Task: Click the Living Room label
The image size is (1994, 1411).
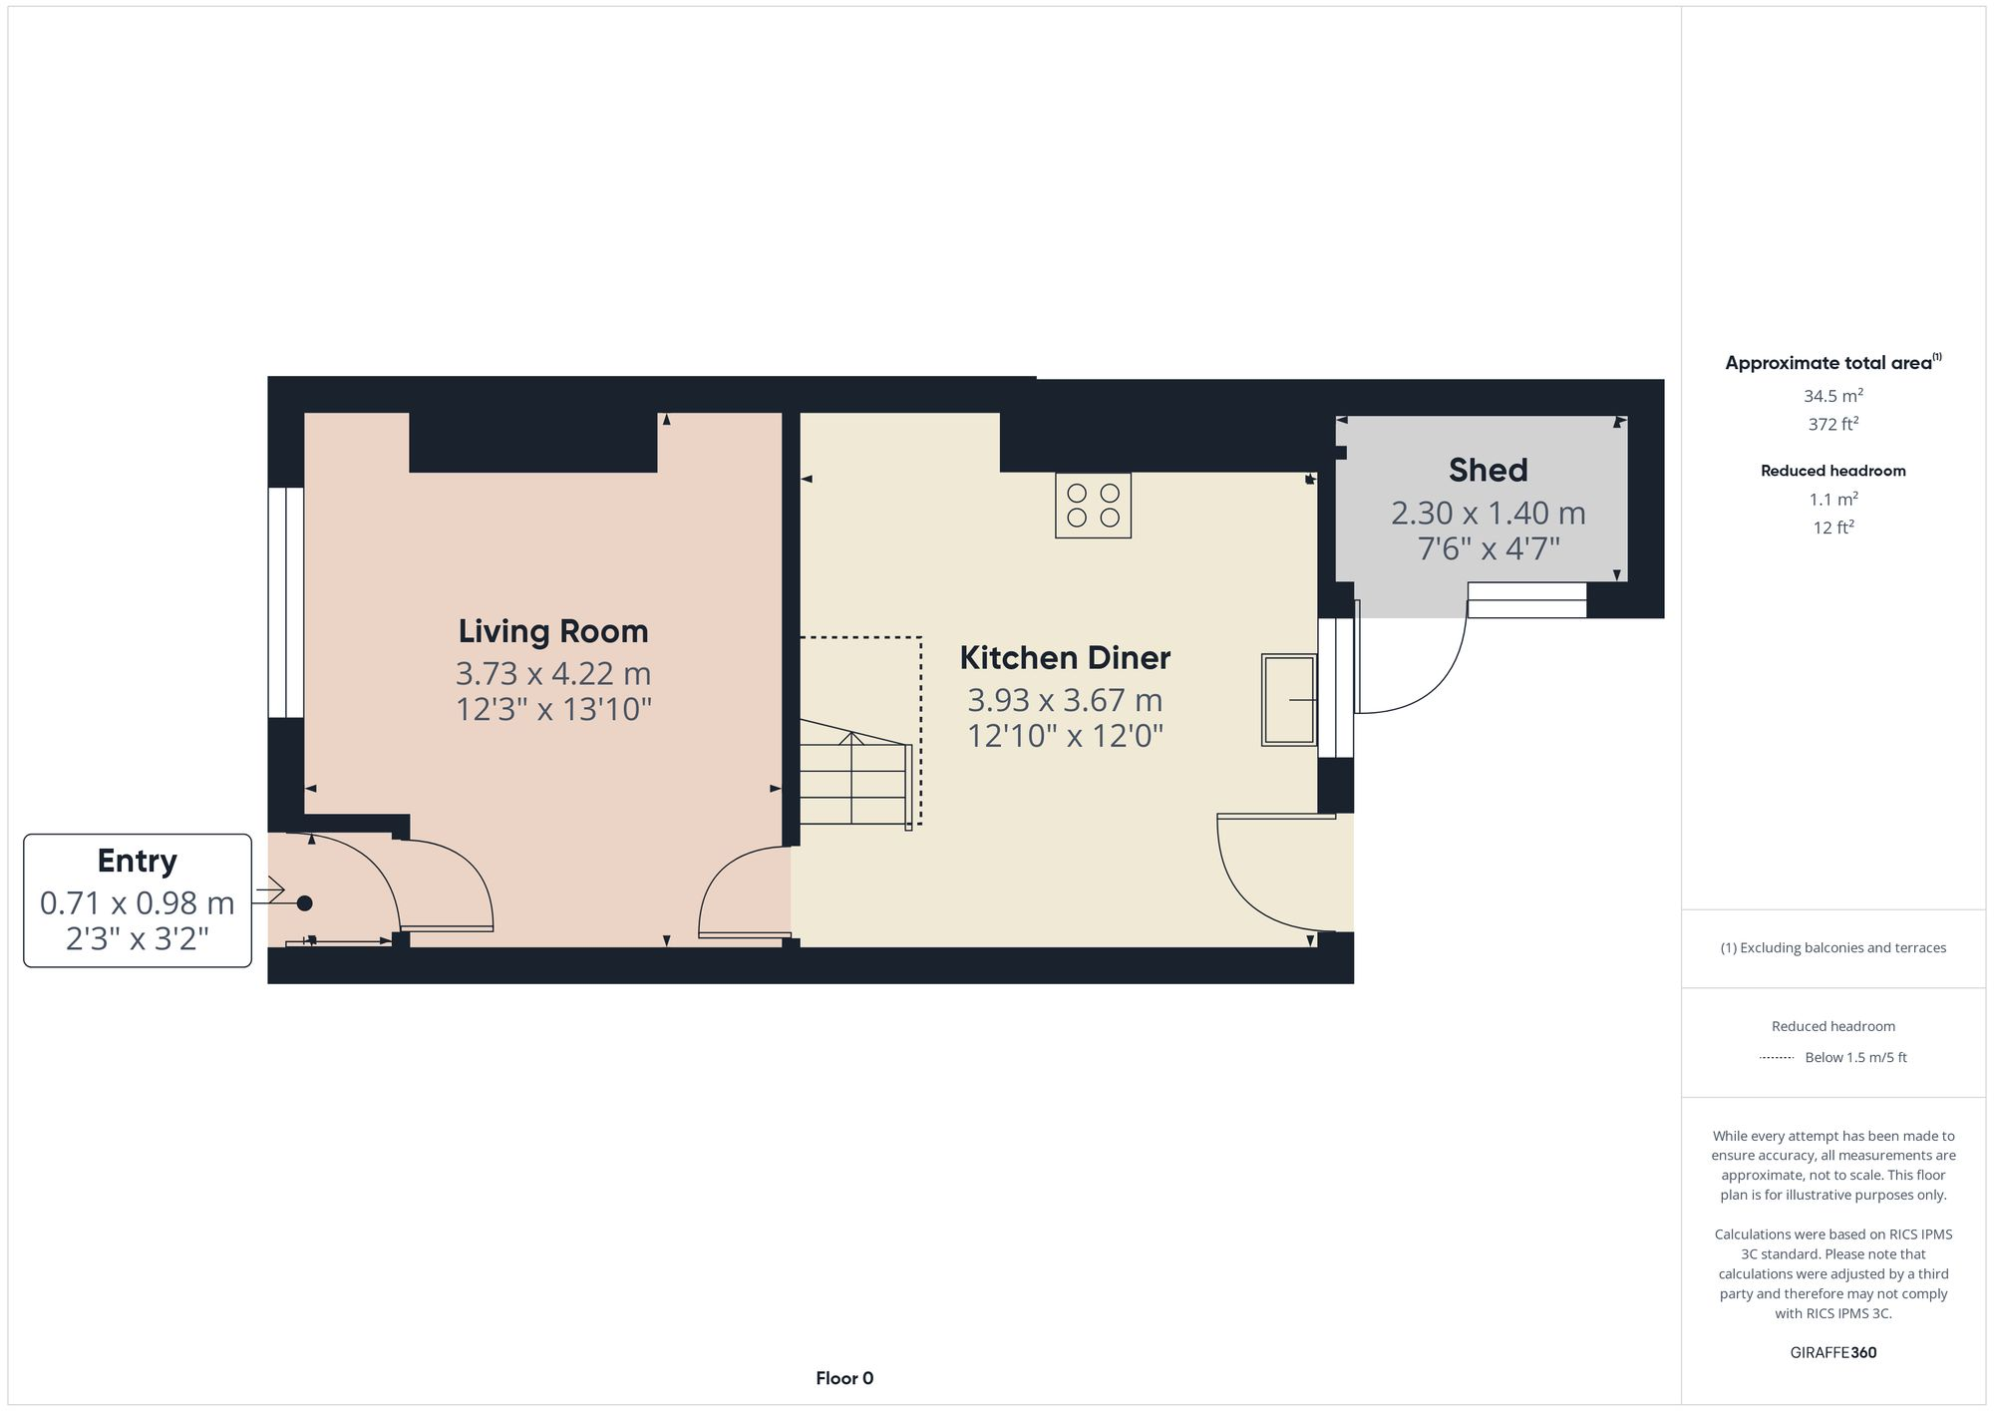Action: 553,631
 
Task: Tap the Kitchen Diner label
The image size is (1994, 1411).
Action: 1065,658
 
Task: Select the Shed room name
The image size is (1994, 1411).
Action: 1488,470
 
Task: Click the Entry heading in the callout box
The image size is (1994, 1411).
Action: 137,861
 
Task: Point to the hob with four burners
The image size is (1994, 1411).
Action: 1093,506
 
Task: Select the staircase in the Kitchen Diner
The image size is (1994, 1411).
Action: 854,778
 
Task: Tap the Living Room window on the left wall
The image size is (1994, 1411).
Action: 286,602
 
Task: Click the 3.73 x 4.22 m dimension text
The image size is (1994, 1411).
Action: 553,674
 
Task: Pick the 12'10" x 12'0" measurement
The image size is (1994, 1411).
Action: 1065,736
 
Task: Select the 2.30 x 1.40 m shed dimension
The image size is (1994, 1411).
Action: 1488,514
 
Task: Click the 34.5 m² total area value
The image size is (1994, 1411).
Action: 1833,396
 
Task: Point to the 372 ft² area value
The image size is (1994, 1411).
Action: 1833,424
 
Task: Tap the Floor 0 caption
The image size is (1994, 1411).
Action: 844,1378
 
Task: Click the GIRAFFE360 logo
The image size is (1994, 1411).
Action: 1833,1353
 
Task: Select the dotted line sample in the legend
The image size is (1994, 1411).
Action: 1777,1058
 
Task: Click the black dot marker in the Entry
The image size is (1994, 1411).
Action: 305,903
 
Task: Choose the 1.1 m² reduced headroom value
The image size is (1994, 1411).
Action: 1833,499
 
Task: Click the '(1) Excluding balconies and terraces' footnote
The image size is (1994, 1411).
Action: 1833,948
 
